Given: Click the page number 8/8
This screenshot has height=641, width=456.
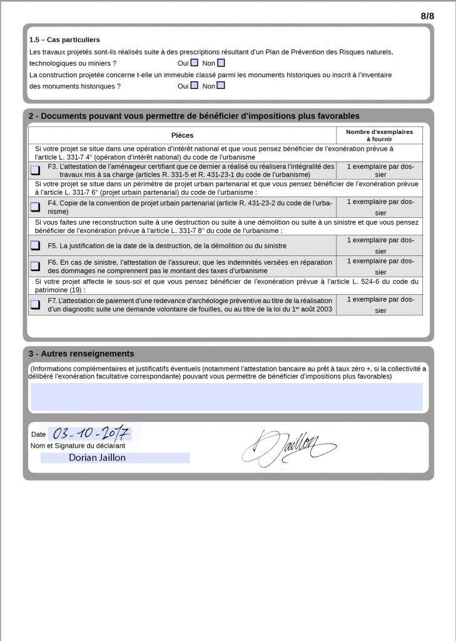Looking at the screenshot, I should point(427,16).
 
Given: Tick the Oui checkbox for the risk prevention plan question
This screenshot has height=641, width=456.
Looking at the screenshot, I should point(195,63).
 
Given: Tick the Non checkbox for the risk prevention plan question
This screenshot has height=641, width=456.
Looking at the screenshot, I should point(221,63).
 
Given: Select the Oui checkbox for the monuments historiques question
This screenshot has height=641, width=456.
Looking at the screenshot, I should point(195,86).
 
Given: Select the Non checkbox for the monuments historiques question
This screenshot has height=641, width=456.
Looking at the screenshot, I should point(221,86).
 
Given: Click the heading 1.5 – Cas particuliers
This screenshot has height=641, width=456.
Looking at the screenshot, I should point(64,40).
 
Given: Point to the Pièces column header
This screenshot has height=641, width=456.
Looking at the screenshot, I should point(182,135).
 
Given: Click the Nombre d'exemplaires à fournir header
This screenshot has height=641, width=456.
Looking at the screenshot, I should point(380,135).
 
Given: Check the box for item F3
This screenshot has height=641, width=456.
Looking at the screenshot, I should point(35,170).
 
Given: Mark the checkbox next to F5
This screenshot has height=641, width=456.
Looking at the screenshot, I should point(35,245).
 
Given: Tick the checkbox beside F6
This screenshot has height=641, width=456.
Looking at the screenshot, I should point(35,265).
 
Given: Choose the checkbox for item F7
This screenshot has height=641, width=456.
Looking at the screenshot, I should point(35,305).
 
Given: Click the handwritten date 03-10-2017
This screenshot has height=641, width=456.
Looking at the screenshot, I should point(91,432).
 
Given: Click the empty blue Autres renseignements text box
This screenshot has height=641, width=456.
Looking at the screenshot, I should point(226,397).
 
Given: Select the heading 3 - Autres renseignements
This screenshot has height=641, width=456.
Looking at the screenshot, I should point(81,354).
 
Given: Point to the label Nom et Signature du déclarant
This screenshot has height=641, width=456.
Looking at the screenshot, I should point(78,446).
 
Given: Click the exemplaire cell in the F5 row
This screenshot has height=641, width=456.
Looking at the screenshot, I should point(380,245).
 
